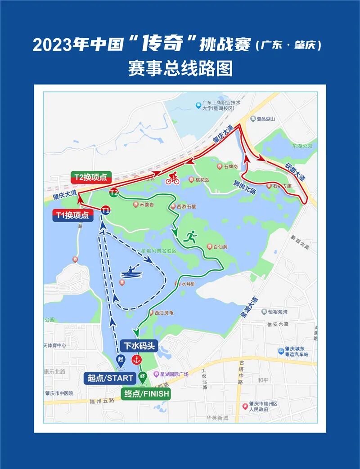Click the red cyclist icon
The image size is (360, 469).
point(172,179)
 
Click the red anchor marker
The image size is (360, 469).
point(136,360)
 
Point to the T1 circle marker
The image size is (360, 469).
point(106,210)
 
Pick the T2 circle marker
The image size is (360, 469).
point(114,193)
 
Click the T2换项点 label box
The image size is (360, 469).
point(91,177)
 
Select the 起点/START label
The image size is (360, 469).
point(111,378)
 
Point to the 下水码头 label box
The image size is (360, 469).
point(139,345)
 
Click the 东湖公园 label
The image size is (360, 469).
point(301,146)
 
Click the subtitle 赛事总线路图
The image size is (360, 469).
point(180,68)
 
